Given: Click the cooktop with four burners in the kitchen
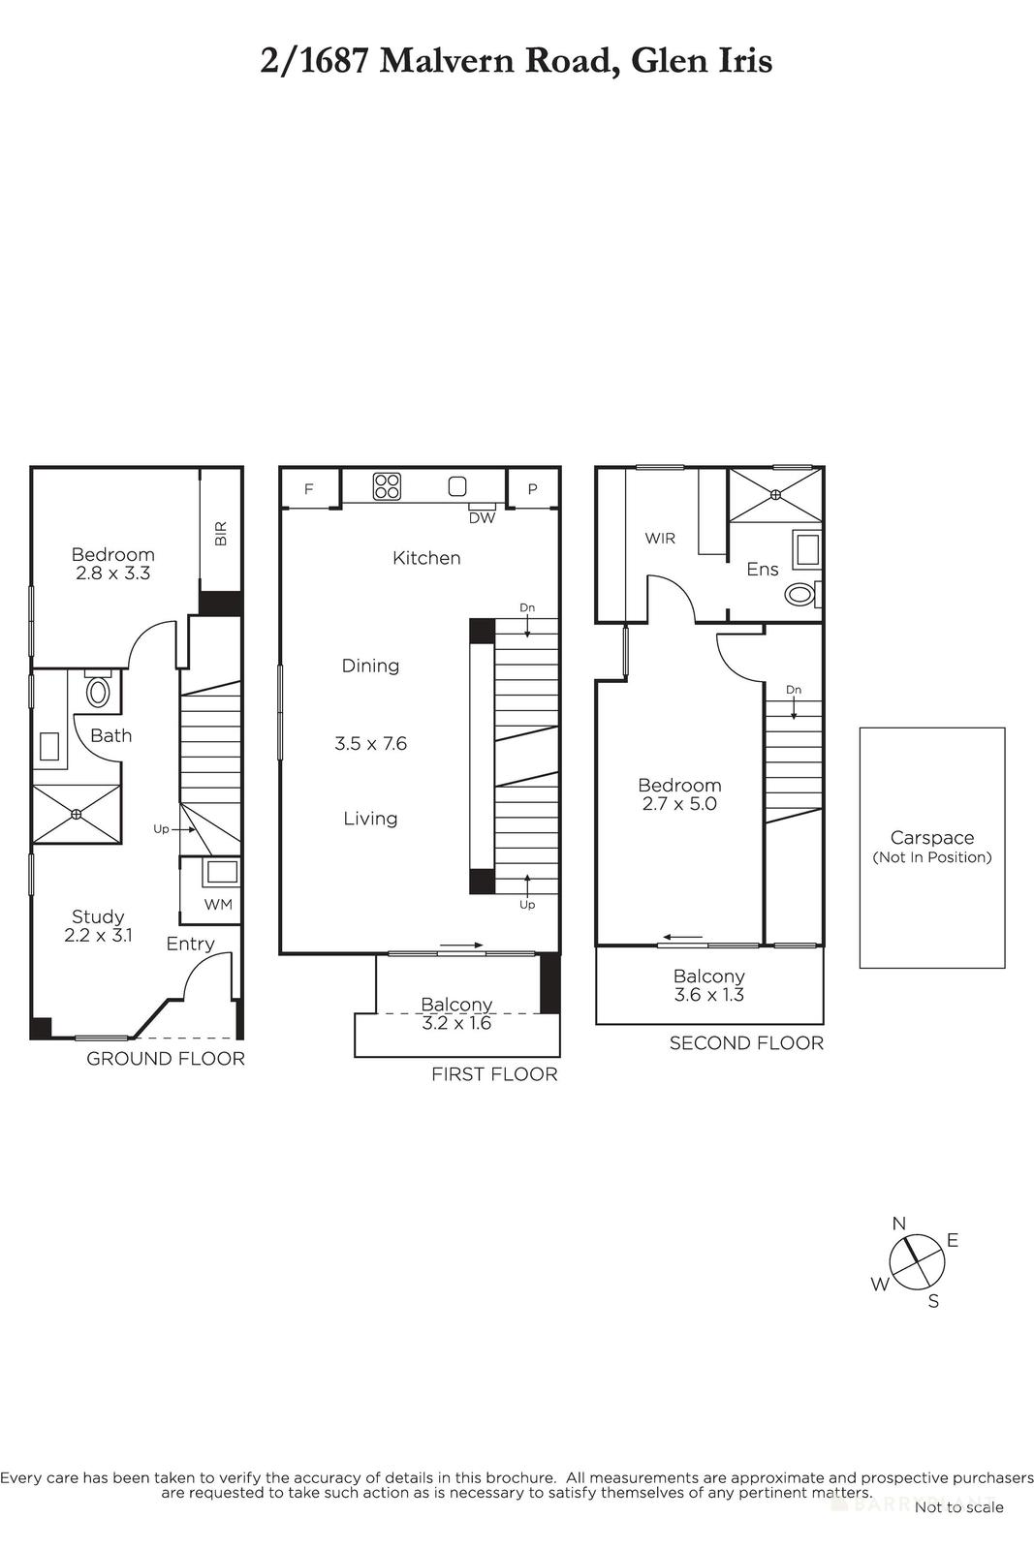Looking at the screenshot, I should (x=388, y=485).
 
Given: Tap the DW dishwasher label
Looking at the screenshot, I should (x=482, y=518).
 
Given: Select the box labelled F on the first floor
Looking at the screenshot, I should (x=309, y=489).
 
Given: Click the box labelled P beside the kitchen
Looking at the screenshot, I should (x=532, y=489).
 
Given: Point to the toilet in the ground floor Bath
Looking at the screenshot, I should (x=98, y=692).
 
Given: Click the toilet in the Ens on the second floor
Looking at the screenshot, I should (x=800, y=594).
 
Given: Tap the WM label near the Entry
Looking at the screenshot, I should (x=217, y=905).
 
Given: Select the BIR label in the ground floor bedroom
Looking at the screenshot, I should (x=221, y=534).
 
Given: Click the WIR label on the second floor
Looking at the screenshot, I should (x=660, y=538).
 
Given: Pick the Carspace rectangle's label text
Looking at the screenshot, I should (x=932, y=838).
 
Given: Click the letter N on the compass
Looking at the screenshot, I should (x=898, y=1224).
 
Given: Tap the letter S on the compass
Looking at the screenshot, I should (x=933, y=1301).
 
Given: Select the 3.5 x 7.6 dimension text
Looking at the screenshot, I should (x=370, y=744).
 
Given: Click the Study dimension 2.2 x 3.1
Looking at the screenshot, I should (x=98, y=936).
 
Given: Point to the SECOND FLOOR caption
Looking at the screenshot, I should (x=746, y=1043).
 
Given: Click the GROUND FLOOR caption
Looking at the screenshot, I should (x=166, y=1059).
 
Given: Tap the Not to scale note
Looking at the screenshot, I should (x=958, y=1506).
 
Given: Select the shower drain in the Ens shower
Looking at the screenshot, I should (x=775, y=495).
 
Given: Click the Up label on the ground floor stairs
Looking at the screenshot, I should (x=161, y=829).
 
